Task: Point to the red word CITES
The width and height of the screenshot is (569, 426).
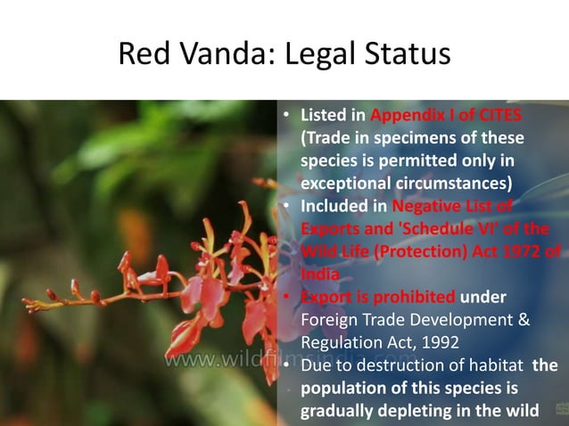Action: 500,117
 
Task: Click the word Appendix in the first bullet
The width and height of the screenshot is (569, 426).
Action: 402,117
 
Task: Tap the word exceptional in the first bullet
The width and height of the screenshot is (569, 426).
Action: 344,184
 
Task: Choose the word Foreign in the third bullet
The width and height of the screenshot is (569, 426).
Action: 329,319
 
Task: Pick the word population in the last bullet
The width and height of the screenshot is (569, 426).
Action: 342,389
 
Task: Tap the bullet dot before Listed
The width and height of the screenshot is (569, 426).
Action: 286,118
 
